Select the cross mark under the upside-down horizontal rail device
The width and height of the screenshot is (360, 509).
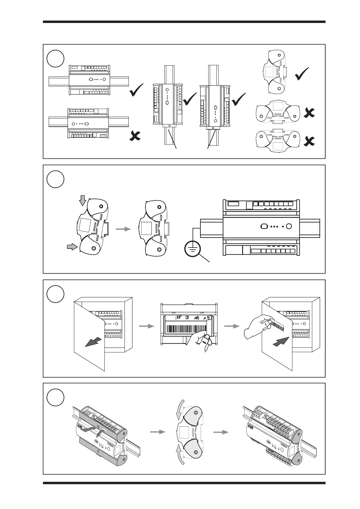pos(135,136)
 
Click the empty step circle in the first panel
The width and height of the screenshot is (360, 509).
pos(56,59)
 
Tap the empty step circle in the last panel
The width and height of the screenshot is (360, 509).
pos(56,398)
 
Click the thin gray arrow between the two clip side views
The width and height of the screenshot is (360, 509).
pos(123,229)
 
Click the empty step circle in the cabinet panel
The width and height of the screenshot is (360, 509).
pos(56,294)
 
